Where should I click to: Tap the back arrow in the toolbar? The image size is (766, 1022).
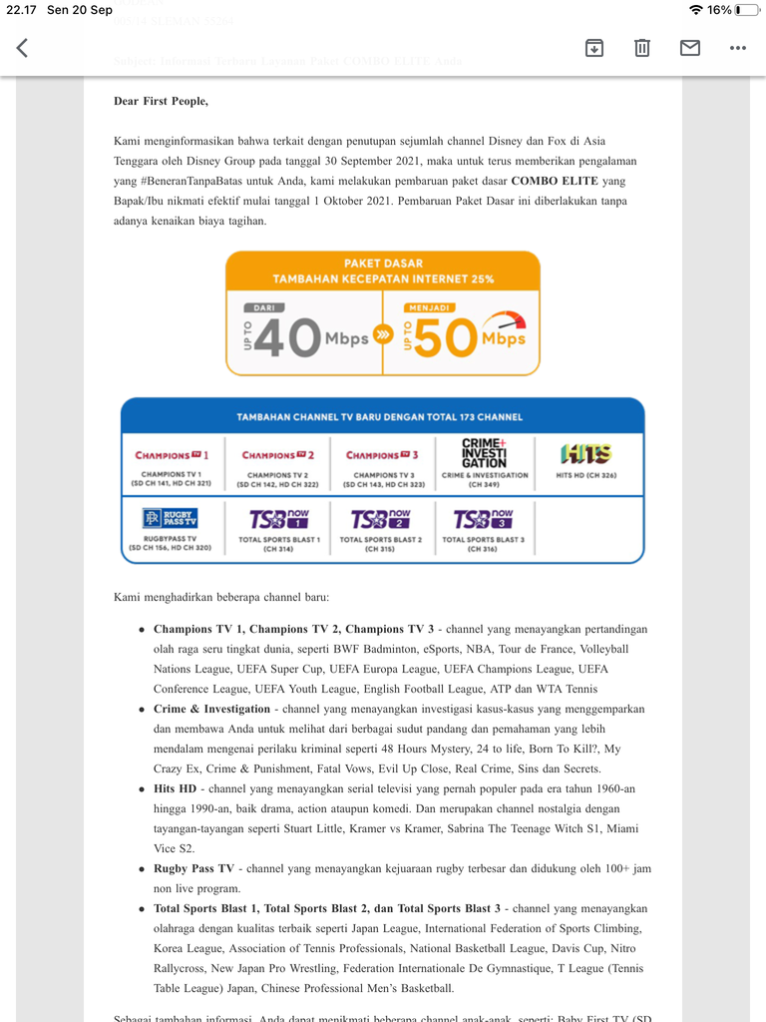coord(22,48)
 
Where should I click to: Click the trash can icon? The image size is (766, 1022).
coord(642,48)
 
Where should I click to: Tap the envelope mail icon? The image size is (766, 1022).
coord(690,48)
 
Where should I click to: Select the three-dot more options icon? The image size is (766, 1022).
coord(738,48)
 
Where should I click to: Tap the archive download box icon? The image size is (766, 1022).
coord(594,48)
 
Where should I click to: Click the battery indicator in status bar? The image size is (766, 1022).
coord(744,10)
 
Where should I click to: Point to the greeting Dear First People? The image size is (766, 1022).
coord(161,101)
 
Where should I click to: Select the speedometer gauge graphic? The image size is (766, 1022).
coord(505,323)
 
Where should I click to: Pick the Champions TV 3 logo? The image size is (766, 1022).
coord(382,455)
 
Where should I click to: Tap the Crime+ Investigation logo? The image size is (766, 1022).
coord(485,453)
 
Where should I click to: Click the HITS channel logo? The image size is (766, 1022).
coord(585,454)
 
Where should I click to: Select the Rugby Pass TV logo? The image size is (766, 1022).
coord(171,519)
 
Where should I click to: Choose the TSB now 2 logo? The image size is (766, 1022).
coord(380,519)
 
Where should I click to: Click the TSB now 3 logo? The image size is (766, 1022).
coord(483,519)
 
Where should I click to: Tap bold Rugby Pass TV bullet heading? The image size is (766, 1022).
coord(193,868)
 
